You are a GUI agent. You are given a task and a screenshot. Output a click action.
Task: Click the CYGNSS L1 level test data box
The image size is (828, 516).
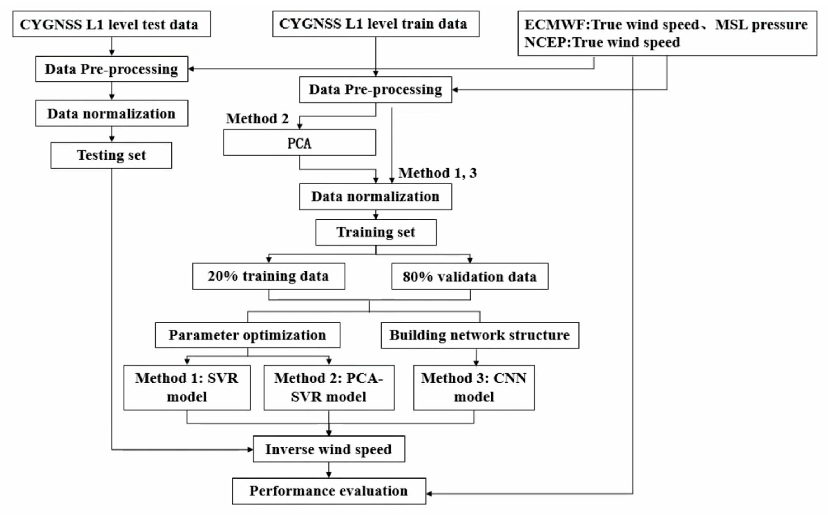click(112, 24)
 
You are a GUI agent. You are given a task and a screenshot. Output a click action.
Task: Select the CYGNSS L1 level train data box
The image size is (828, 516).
click(376, 24)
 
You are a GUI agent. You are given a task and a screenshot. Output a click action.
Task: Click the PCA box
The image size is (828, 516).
click(299, 143)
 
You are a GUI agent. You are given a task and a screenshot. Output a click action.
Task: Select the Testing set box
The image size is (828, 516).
click(111, 155)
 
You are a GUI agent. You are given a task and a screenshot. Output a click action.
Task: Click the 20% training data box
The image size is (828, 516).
click(269, 276)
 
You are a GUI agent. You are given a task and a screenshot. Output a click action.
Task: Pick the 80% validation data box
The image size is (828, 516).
click(469, 276)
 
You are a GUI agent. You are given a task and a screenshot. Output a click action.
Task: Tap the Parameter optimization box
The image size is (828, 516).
click(247, 335)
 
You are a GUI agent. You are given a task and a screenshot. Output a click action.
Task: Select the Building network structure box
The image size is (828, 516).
click(480, 335)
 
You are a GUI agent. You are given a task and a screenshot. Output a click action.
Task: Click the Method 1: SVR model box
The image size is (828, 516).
click(187, 387)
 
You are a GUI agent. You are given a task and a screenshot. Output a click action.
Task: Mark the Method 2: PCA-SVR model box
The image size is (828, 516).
click(328, 387)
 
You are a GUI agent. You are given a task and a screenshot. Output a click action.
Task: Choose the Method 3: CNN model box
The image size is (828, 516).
click(474, 387)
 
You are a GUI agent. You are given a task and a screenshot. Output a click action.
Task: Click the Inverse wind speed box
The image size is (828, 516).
click(328, 449)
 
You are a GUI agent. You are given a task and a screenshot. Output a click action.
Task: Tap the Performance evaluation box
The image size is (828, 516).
click(328, 491)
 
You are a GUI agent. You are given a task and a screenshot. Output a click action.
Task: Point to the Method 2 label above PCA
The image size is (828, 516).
click(257, 119)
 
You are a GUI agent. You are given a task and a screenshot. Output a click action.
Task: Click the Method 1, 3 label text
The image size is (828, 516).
click(437, 173)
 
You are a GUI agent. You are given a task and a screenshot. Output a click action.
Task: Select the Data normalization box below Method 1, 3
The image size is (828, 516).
click(375, 196)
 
